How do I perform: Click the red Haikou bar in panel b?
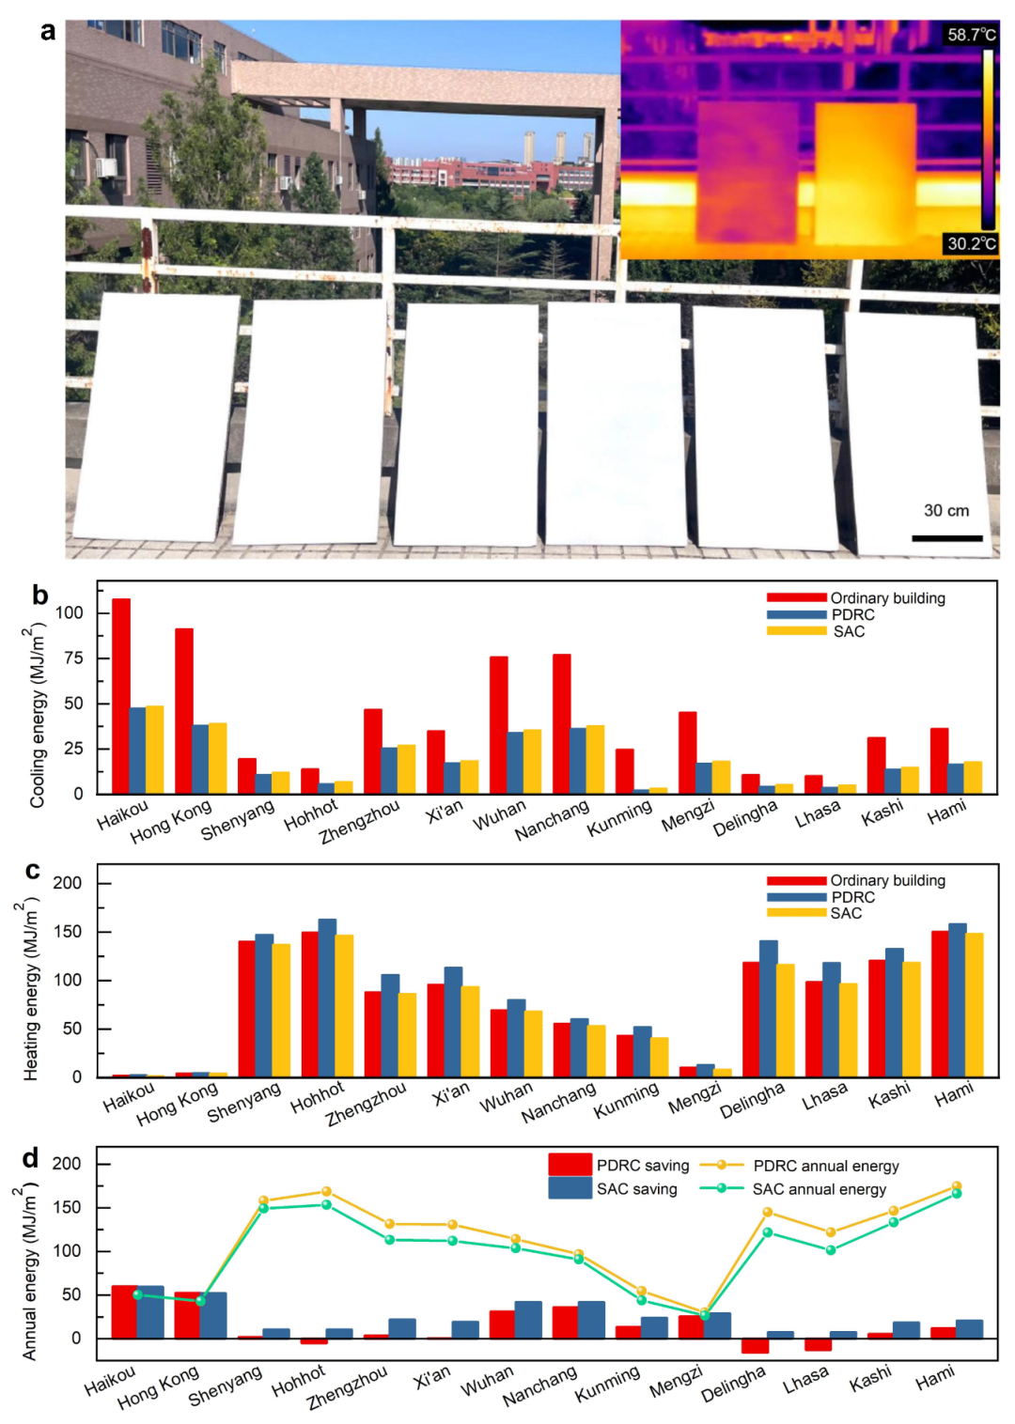121,696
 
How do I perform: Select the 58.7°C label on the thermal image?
971,35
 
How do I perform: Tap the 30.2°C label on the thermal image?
971,243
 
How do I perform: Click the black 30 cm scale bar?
946,538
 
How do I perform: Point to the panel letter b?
39,595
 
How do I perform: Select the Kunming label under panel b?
619,819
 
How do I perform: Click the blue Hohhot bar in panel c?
327,998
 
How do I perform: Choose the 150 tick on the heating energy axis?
67,932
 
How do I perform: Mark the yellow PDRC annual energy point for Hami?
957,1186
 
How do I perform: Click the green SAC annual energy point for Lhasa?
831,1250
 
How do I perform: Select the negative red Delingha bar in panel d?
755,1346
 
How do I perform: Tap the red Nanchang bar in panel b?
562,724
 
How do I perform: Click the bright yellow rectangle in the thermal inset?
865,173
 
